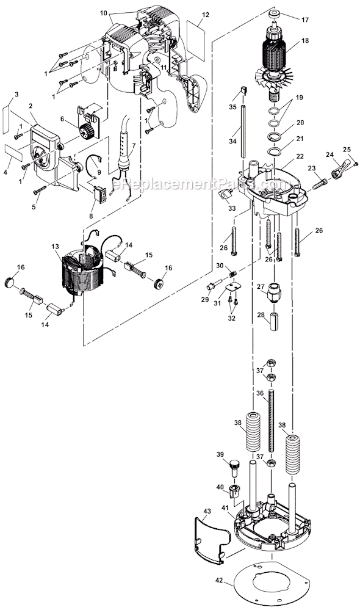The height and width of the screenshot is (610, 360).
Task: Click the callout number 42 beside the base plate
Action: coord(219,580)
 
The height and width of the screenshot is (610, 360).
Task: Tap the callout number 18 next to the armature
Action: coord(305,40)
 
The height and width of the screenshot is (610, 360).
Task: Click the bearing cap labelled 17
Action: coord(276,15)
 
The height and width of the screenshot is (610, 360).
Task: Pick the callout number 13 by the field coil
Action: coord(55,246)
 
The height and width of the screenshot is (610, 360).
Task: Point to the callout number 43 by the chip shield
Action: coord(207,511)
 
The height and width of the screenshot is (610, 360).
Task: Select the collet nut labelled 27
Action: coord(275,299)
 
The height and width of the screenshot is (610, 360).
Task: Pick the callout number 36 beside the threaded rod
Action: coord(260,393)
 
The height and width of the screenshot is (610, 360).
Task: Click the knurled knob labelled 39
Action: coord(234,469)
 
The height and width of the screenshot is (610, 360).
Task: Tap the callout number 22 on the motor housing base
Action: coord(300,156)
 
